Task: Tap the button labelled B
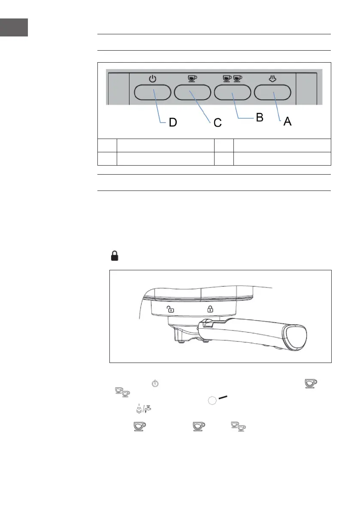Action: pyautogui.click(x=233, y=92)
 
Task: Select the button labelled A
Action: pyautogui.click(x=273, y=92)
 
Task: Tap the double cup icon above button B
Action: pyautogui.click(x=233, y=79)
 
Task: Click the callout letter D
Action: pyautogui.click(x=172, y=123)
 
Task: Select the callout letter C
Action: pyautogui.click(x=218, y=123)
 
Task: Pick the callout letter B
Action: pyautogui.click(x=259, y=118)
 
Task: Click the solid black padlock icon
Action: pyautogui.click(x=115, y=256)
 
